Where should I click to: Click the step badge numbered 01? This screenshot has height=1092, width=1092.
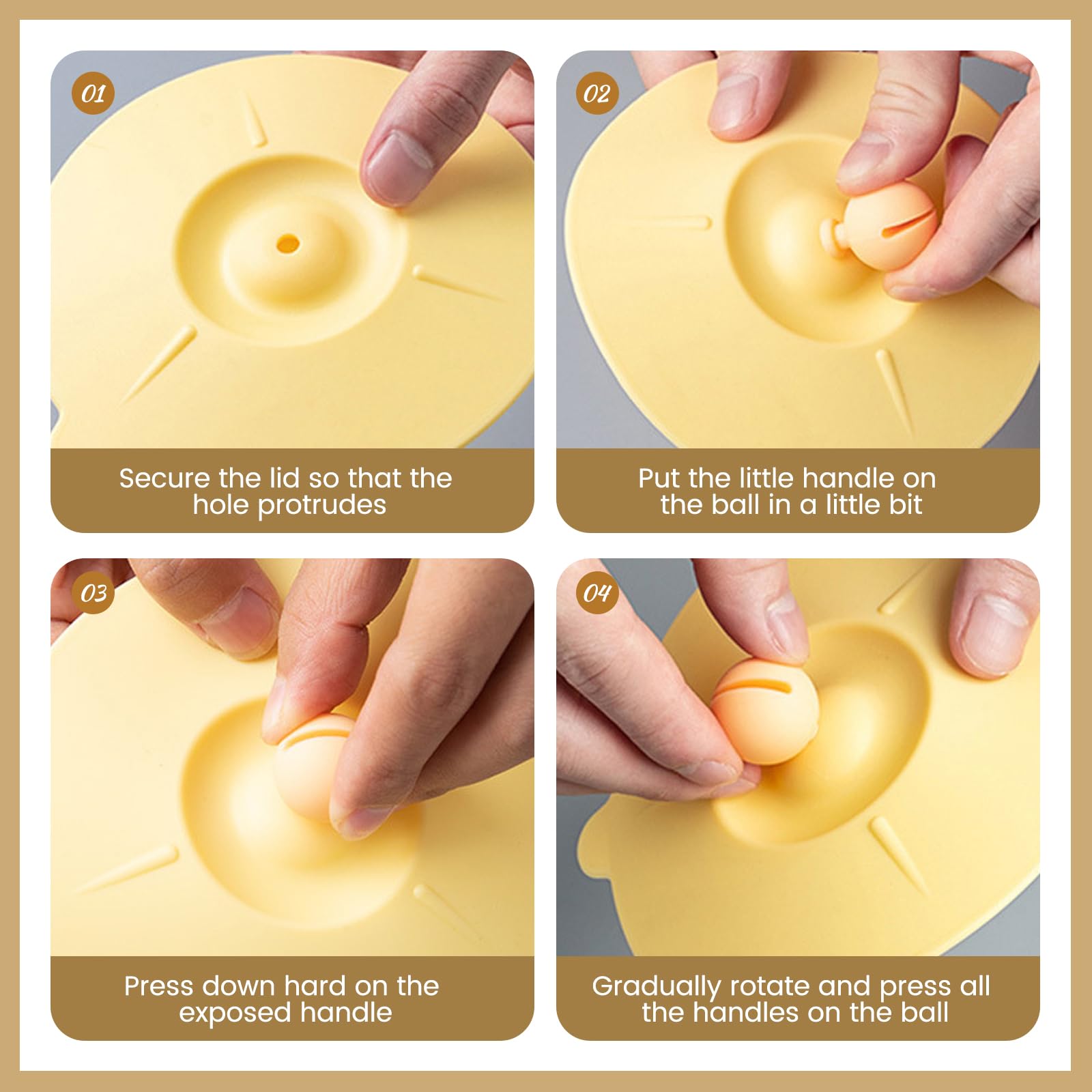[93, 94]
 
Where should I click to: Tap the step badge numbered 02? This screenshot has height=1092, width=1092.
[597, 94]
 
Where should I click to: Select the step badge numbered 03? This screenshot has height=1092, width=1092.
[93, 592]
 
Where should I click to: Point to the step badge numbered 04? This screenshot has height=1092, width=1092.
[597, 592]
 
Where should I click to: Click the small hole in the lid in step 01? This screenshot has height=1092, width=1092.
[287, 243]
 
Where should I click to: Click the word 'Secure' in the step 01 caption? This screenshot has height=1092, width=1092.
[164, 478]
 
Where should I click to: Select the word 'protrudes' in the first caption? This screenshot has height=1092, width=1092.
[322, 506]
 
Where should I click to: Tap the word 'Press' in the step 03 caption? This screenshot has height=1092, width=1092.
[159, 986]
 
